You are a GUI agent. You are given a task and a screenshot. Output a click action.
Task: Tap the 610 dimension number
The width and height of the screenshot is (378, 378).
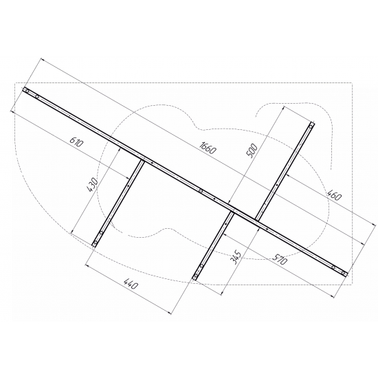tap(76, 142)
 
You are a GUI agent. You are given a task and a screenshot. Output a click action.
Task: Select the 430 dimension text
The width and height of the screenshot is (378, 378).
tap(93, 185)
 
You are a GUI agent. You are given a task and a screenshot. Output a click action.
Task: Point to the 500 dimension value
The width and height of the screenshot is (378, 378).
tap(252, 151)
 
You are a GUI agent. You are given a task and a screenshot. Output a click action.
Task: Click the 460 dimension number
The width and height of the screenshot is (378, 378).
tap(334, 195)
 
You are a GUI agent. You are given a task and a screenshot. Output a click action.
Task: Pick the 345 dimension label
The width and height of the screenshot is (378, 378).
tap(235, 258)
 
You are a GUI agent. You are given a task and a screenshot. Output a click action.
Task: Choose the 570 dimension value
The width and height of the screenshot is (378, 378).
tap(280, 258)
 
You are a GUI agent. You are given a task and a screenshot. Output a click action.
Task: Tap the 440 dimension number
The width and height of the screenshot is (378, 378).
tap(131, 284)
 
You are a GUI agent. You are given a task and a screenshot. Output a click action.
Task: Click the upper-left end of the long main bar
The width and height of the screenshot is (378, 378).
tap(24, 89)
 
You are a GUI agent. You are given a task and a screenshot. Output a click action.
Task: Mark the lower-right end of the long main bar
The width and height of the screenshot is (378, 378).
tap(346, 274)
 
